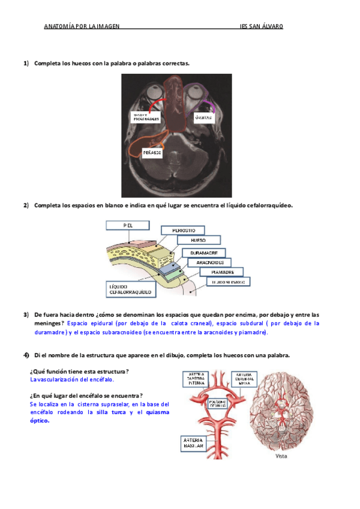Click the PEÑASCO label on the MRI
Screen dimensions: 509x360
point(152,153)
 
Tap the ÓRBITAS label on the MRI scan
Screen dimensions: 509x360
point(203,118)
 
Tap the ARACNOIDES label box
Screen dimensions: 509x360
point(210,262)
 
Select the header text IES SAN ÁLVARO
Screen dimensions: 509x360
point(261,26)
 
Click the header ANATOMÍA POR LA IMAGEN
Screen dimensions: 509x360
point(82,26)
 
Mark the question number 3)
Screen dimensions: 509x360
point(26,315)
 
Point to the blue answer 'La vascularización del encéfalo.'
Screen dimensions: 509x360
point(72,380)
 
